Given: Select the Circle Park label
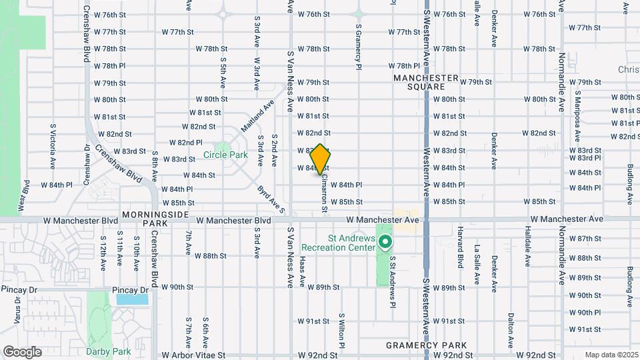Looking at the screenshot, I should point(225,155).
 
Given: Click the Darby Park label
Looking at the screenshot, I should point(99,351).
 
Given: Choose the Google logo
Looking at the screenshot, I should point(22,351).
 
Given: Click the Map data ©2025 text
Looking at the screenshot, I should point(611,355).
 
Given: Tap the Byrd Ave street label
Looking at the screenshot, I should point(271,200).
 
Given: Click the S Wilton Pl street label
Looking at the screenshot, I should point(341,331).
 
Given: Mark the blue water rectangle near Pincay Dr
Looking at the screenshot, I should point(133,299).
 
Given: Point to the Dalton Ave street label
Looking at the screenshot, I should point(510,327).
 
